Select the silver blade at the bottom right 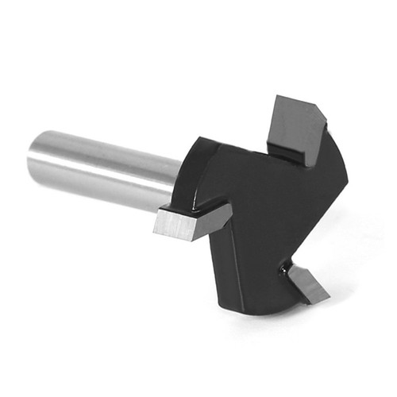[x=307, y=283]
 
